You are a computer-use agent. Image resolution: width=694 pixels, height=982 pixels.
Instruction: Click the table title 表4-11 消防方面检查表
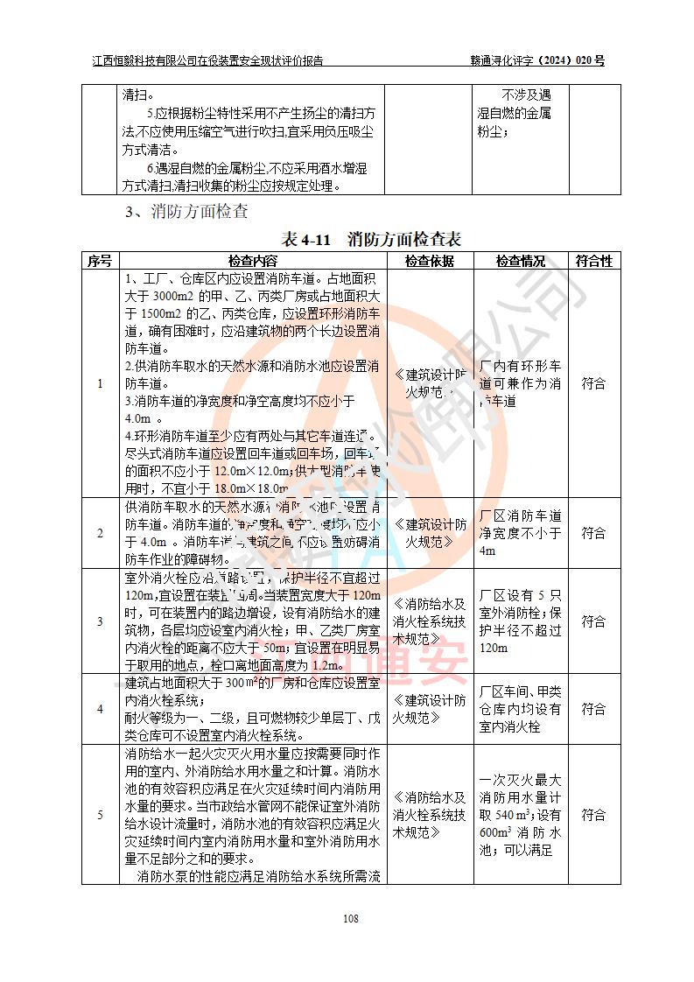click(371, 239)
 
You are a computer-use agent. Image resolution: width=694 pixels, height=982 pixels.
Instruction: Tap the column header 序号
click(99, 261)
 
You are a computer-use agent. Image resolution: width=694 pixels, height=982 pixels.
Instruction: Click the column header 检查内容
click(252, 261)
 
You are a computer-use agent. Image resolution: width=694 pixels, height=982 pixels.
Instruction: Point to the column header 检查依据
click(429, 261)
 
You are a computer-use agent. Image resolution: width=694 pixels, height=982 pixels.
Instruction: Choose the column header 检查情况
click(521, 261)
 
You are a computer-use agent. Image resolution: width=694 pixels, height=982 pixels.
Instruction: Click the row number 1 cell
click(99, 383)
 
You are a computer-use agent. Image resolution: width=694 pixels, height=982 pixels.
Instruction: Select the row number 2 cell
click(99, 533)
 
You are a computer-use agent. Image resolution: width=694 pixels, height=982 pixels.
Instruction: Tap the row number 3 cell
click(99, 621)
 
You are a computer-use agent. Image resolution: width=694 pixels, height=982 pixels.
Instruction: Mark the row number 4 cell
click(99, 709)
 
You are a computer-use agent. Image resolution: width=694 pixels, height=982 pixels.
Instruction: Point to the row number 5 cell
click(99, 815)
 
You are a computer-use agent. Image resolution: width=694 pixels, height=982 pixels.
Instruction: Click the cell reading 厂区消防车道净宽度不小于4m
click(521, 533)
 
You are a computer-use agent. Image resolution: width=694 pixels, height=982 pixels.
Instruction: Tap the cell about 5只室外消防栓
click(521, 621)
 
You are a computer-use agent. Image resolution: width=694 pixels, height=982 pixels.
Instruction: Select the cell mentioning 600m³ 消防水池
click(521, 815)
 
